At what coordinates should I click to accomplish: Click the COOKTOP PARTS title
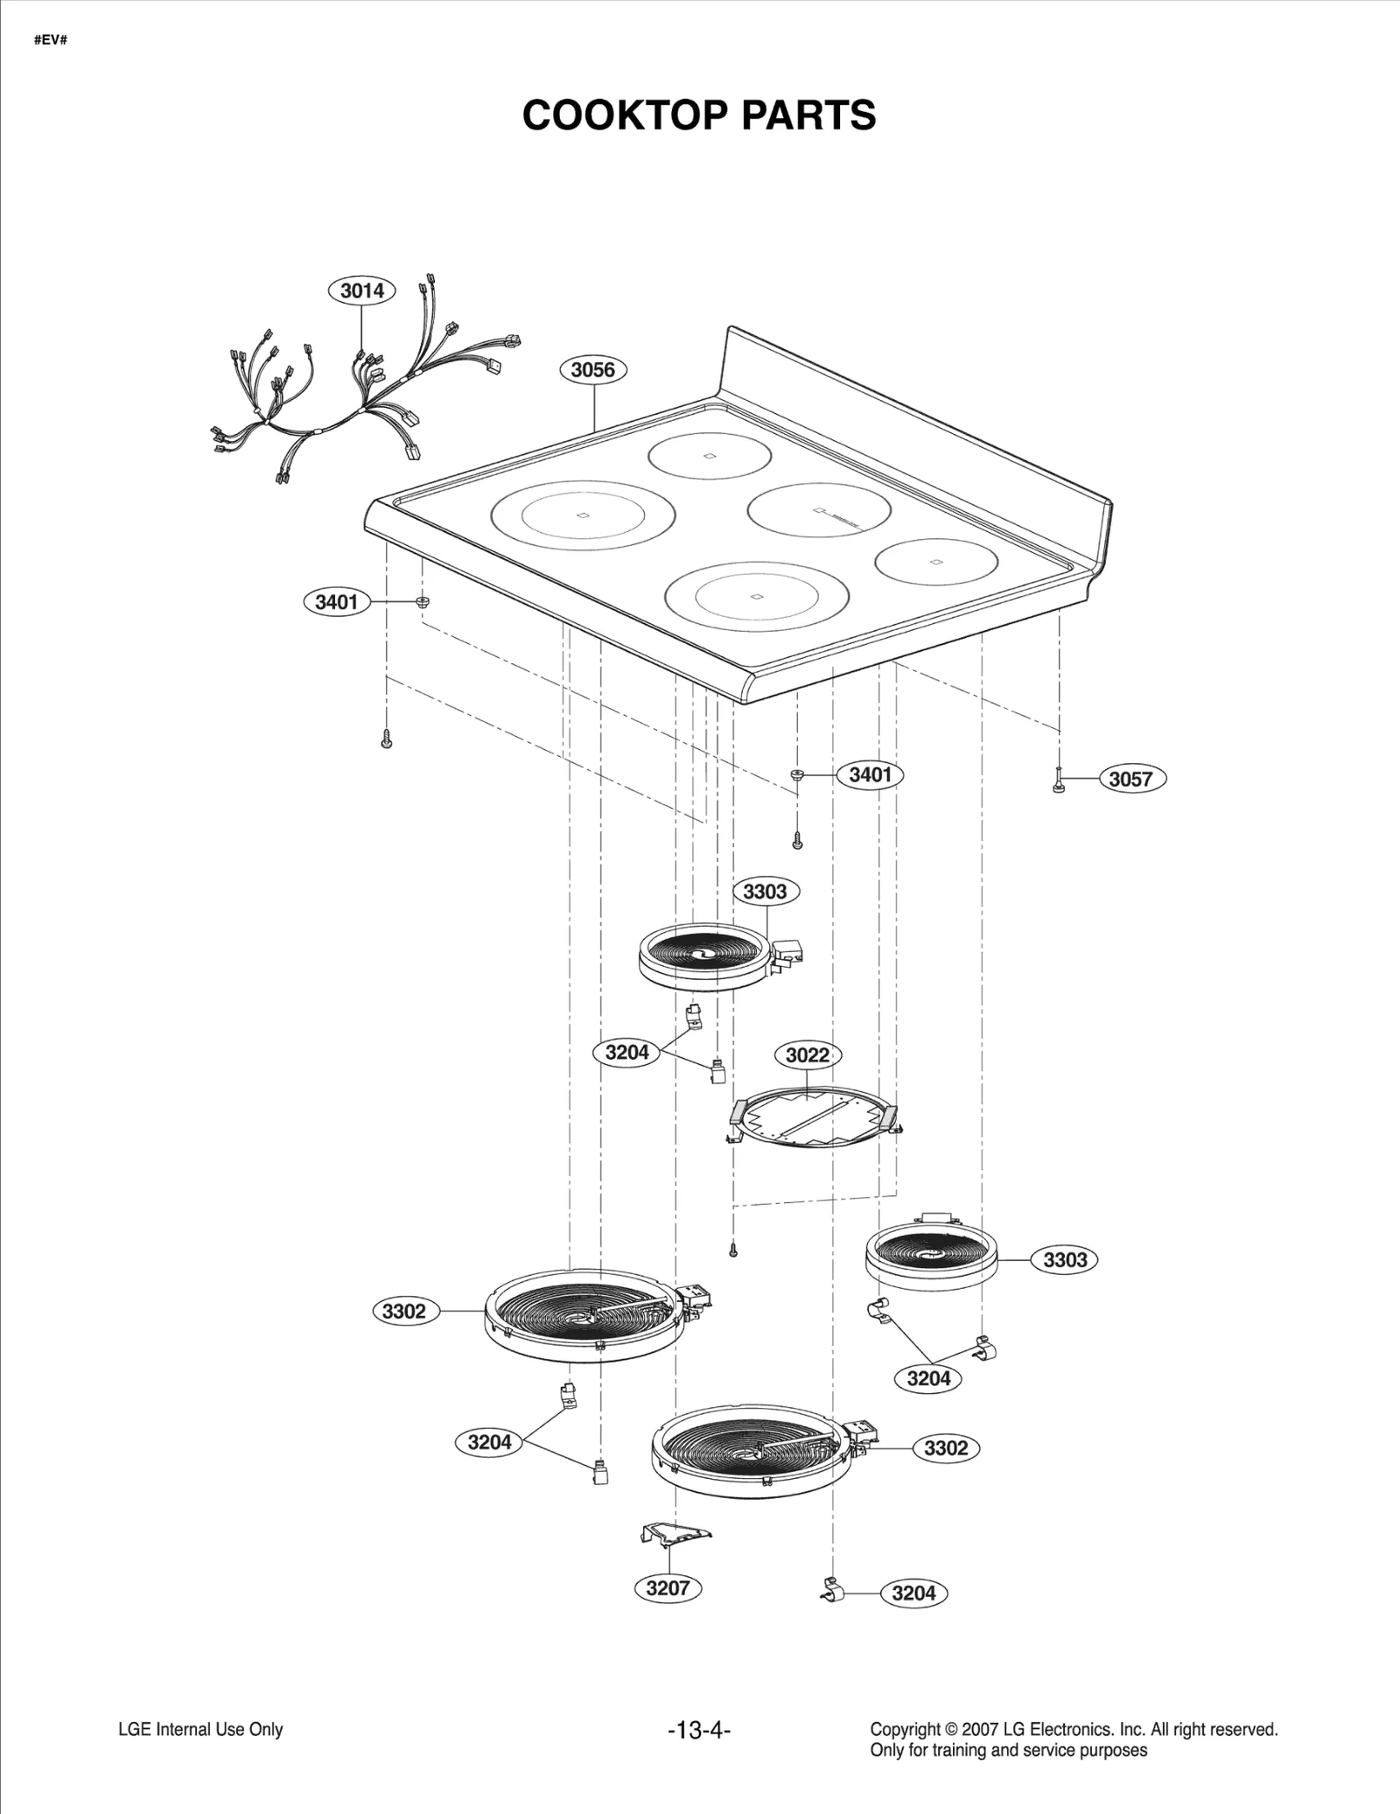[x=698, y=116]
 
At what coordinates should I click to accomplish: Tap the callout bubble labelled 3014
[x=361, y=291]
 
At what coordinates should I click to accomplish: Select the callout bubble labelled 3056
[x=592, y=369]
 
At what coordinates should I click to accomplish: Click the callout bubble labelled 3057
[x=1130, y=779]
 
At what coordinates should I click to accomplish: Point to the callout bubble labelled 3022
[x=807, y=1055]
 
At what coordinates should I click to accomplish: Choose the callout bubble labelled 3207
[x=668, y=1587]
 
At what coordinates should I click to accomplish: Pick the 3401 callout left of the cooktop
[x=337, y=602]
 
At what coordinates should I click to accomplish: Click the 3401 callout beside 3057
[x=870, y=774]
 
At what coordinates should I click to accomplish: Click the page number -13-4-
[x=698, y=1730]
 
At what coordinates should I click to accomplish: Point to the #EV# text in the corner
[x=51, y=41]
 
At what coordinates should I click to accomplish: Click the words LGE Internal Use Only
[x=200, y=1730]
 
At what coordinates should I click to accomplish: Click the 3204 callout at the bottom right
[x=913, y=1593]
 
